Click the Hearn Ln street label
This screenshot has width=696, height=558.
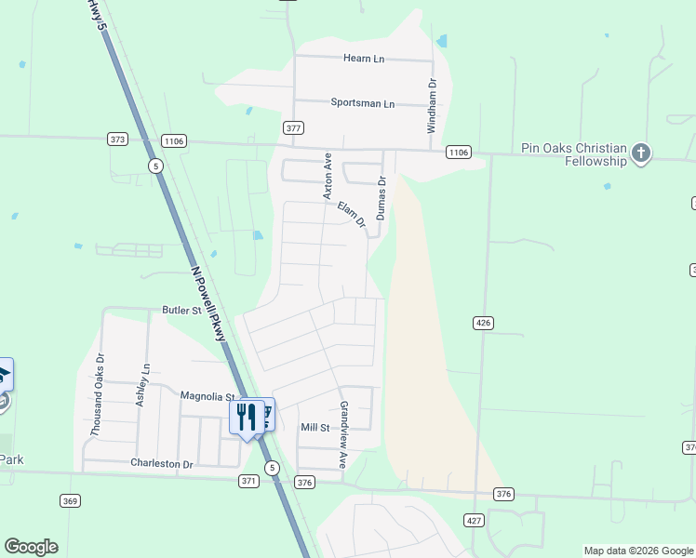(364, 59)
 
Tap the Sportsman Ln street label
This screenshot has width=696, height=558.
(363, 103)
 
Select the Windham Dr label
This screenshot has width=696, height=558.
(432, 105)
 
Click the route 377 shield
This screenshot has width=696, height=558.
(293, 127)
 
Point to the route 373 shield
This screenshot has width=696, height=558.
(117, 139)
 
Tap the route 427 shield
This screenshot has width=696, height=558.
(474, 520)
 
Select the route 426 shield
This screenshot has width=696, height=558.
(482, 323)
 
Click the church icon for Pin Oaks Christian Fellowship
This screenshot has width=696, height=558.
(641, 153)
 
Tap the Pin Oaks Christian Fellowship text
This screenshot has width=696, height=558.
(574, 154)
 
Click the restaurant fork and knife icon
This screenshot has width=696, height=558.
(246, 416)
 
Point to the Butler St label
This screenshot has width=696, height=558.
(181, 311)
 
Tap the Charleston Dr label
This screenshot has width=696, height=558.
(161, 463)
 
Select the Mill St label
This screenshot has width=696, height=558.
(315, 428)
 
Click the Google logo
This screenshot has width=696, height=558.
(31, 547)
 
